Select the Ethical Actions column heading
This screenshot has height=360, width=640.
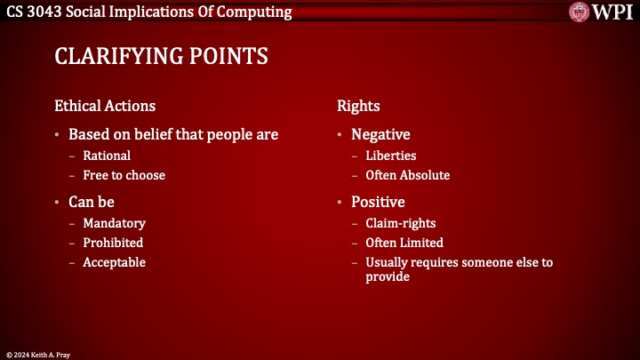[105, 106]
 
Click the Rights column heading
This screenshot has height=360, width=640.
[358, 106]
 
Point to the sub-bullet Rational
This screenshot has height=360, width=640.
[107, 156]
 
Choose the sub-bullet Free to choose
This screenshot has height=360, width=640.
[124, 175]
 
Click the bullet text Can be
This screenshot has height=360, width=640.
[92, 202]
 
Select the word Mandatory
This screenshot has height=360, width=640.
[114, 223]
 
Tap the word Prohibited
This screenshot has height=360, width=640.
[113, 243]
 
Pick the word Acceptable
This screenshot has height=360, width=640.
[114, 262]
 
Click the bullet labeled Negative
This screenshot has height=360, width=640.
[380, 134]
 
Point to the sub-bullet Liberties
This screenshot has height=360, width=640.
[390, 156]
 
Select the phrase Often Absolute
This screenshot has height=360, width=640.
[407, 175]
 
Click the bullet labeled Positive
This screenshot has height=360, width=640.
[378, 202]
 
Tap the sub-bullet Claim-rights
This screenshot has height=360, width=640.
[401, 223]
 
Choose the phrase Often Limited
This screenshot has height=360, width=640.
[404, 243]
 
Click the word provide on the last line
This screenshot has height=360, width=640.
[388, 276]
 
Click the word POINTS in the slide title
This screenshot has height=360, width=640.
[228, 57]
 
